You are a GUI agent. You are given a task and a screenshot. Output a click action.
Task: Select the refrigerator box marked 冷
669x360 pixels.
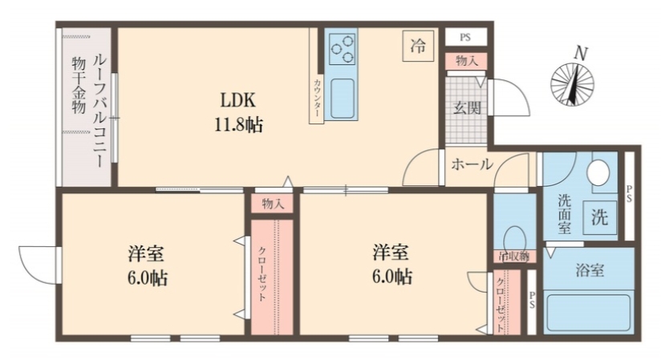pos(417,46)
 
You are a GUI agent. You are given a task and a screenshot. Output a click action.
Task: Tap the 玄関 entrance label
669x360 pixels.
pos(464,107)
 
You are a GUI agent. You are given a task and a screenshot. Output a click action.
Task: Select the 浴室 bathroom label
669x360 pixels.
pos(590,270)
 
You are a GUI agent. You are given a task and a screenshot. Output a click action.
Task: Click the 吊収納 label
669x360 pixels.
pos(513,257)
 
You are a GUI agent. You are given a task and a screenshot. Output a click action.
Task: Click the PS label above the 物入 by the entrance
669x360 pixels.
pos(465,38)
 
